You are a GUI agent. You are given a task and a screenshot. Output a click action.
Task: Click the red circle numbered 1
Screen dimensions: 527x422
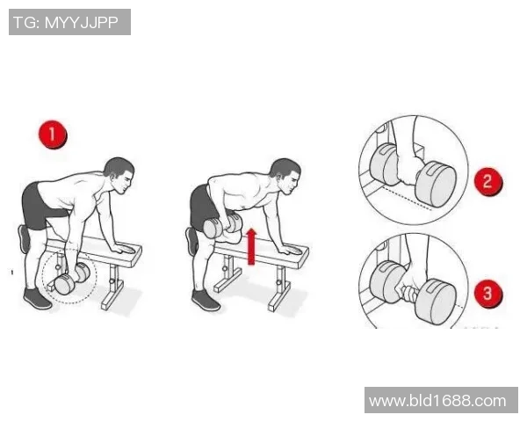[x=53, y=135]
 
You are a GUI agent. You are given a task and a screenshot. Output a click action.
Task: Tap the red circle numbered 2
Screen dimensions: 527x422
[x=488, y=181]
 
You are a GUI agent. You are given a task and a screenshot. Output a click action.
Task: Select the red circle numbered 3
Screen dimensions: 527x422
[x=488, y=294]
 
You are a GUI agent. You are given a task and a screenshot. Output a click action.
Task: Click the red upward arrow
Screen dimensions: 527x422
[x=251, y=247]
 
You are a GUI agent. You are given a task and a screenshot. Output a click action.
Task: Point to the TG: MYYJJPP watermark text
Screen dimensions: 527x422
[x=66, y=23]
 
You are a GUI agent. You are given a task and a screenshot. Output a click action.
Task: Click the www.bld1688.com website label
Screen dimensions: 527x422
[x=437, y=401]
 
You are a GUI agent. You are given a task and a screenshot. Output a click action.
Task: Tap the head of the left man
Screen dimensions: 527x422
[x=119, y=175]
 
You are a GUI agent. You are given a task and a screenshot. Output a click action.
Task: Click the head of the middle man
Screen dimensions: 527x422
[x=285, y=176]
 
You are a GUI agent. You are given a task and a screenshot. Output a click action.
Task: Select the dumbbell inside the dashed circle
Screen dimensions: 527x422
[x=72, y=279]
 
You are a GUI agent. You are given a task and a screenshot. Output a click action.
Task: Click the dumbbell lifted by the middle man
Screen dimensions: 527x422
[x=222, y=226]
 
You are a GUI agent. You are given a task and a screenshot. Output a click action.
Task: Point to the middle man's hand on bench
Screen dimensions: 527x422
[x=290, y=250]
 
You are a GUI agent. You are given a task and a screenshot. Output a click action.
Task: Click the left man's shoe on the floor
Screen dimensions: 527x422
[x=37, y=299]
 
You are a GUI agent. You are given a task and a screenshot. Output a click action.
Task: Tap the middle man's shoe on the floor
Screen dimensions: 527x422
[x=206, y=300]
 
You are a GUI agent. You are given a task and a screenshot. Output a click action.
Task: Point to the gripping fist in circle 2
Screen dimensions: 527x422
[x=408, y=168]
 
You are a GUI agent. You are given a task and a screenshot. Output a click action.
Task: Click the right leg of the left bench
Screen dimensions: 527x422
[x=112, y=287]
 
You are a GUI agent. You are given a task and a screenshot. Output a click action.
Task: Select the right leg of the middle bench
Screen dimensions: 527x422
[x=279, y=288]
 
